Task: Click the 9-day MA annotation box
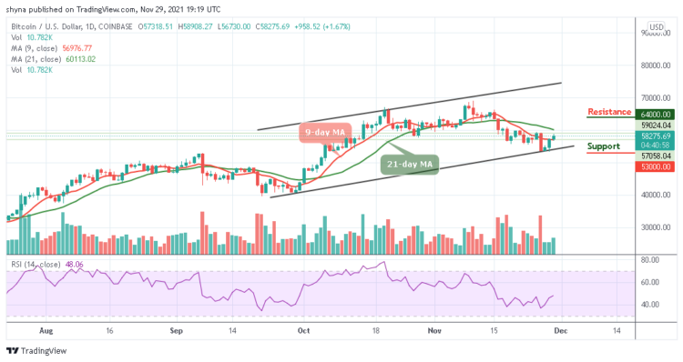click(x=326, y=133)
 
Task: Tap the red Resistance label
click(x=609, y=112)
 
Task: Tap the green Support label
click(x=603, y=146)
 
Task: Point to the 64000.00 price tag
click(x=653, y=114)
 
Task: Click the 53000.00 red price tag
click(x=653, y=167)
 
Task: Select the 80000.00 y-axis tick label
click(x=653, y=65)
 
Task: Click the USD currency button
click(x=654, y=26)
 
